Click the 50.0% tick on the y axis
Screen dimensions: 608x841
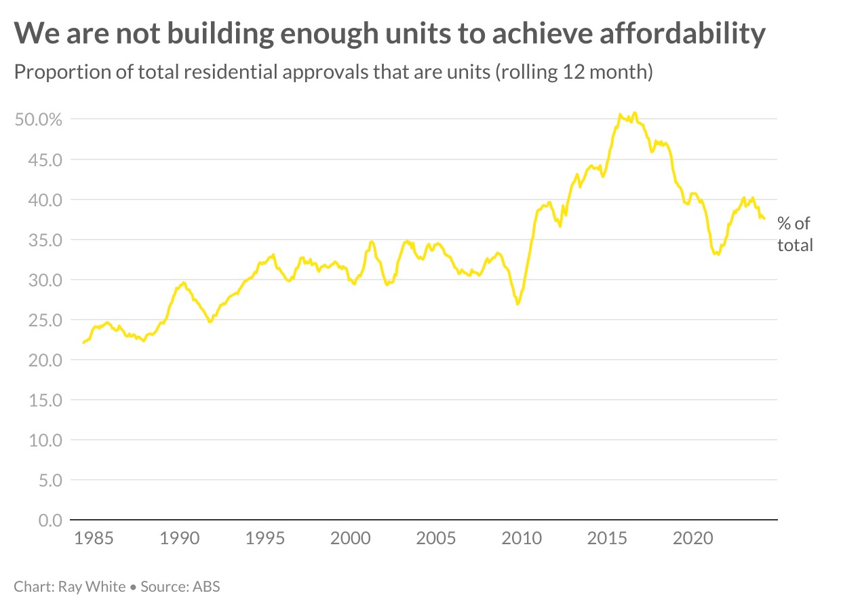coord(38,120)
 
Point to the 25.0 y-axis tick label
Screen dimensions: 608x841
coord(44,320)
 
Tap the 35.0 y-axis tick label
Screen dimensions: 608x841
coord(44,240)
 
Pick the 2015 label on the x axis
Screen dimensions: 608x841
coord(607,539)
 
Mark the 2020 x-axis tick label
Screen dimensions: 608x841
coord(692,539)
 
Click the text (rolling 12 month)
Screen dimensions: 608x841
coord(574,72)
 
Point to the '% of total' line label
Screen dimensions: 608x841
coord(794,234)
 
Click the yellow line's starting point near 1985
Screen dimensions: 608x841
coord(83,343)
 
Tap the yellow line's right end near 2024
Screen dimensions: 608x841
coord(764,218)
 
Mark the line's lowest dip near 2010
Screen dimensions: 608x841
coord(517,304)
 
